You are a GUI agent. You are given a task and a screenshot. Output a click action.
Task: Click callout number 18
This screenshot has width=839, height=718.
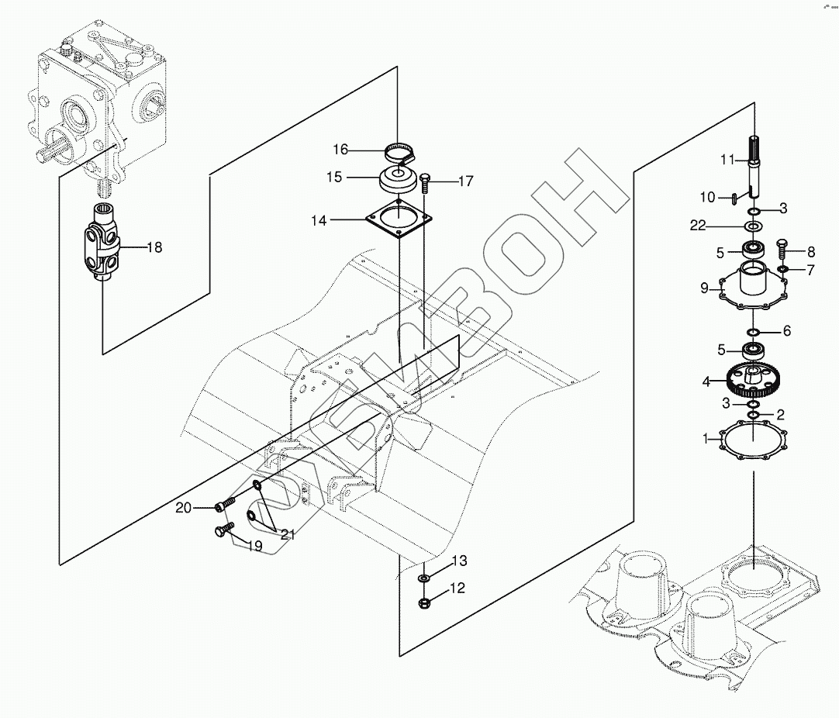coord(154,248)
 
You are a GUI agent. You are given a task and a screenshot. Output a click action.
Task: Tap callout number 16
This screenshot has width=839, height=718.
coord(341,149)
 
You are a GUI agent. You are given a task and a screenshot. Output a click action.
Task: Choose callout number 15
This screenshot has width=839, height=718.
coord(334,178)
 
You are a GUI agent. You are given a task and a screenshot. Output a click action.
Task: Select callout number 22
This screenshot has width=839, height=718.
coord(699,226)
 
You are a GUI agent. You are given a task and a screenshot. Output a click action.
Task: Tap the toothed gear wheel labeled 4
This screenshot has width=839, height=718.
coord(751,380)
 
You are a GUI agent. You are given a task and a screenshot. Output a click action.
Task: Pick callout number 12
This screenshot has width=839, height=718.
coord(457,589)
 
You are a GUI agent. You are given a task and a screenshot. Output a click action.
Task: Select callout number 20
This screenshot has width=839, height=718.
coord(183,508)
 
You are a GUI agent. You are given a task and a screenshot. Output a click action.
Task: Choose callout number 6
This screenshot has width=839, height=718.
coord(786,331)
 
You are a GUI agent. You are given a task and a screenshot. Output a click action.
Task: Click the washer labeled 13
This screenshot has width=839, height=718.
coord(425,579)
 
